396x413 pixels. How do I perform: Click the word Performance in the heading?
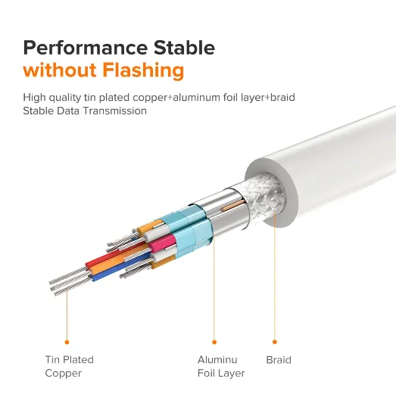(x=86, y=48)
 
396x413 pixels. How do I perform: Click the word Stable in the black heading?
(x=184, y=48)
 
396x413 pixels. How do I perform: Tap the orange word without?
(x=60, y=70)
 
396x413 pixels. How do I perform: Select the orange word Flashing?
(x=143, y=70)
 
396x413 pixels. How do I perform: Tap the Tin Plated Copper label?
(x=69, y=366)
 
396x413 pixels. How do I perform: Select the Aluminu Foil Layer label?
(x=221, y=366)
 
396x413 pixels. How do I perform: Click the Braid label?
(x=279, y=360)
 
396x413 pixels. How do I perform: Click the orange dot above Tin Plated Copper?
(x=67, y=343)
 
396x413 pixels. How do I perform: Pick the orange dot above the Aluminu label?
(x=214, y=343)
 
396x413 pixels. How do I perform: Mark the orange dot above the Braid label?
(x=275, y=342)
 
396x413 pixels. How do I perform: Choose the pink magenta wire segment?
(x=162, y=242)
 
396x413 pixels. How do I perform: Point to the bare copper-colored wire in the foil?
(x=234, y=205)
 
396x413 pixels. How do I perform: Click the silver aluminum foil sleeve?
(x=223, y=211)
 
